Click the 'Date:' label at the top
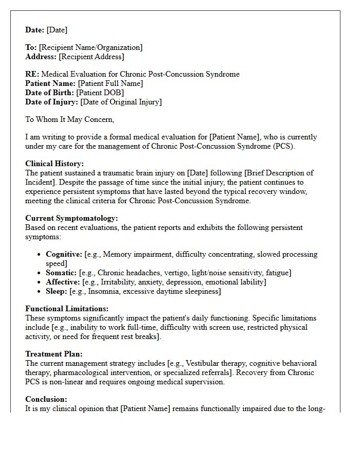pyautogui.click(x=35, y=30)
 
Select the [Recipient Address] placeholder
pyautogui.click(x=92, y=57)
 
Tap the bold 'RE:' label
pyautogui.click(x=32, y=74)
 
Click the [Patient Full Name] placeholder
pyautogui.click(x=111, y=83)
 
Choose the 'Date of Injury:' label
pyautogui.click(x=52, y=102)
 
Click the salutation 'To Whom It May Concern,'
pyautogui.click(x=70, y=119)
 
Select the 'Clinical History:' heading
pyautogui.click(x=55, y=164)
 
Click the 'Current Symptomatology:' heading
pyautogui.click(x=71, y=218)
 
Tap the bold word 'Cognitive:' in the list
pyautogui.click(x=64, y=254)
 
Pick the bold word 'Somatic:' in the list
pyautogui.click(x=61, y=273)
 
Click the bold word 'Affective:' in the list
pyautogui.click(x=63, y=282)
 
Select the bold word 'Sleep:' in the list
pyautogui.click(x=57, y=291)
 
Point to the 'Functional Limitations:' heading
pyautogui.click(x=67, y=309)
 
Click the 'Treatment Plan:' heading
pyautogui.click(x=54, y=354)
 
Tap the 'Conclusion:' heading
pyautogui.click(x=46, y=399)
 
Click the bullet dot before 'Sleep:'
pyautogui.click(x=40, y=292)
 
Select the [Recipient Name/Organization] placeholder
pyautogui.click(x=91, y=47)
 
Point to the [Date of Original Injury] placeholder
pyautogui.click(x=121, y=102)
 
